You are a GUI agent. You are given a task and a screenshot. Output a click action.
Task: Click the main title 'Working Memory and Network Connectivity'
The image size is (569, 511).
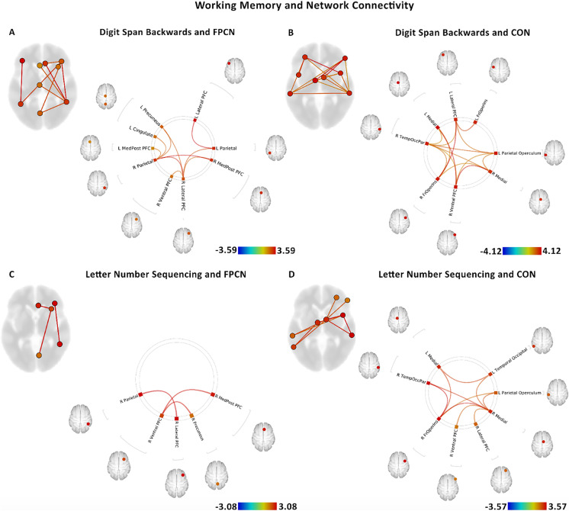(284, 7)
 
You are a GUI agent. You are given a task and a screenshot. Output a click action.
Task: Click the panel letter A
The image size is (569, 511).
(11, 33)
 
